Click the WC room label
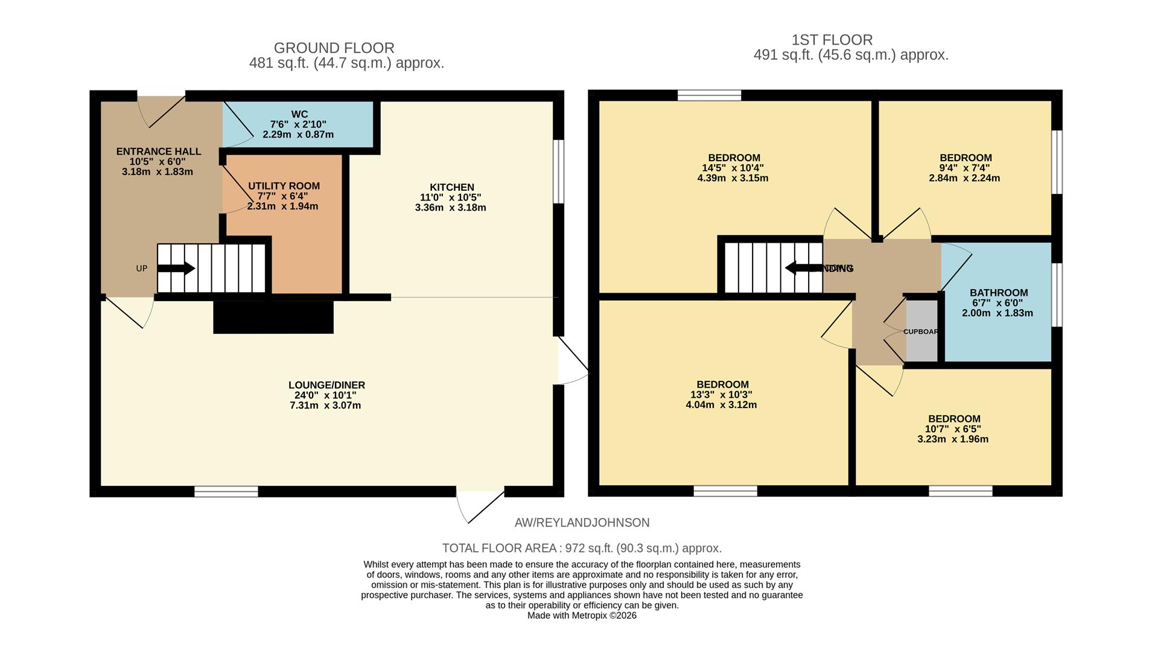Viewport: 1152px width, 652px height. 299,114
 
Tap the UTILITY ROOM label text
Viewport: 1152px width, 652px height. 284,186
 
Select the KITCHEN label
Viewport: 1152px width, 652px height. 451,187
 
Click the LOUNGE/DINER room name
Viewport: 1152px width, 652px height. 326,385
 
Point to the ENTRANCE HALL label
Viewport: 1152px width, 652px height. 159,152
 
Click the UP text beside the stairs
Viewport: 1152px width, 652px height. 142,269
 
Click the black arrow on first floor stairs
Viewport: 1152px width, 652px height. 803,268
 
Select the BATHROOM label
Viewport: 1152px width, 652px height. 998,293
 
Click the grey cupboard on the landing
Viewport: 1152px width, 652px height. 922,331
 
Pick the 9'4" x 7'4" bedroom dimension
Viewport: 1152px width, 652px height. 965,168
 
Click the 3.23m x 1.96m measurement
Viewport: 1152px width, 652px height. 953,439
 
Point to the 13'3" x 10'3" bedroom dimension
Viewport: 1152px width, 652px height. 722,395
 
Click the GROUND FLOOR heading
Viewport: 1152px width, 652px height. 334,48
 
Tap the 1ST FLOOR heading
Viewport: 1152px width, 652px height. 832,40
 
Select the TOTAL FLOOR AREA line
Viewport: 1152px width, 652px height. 582,548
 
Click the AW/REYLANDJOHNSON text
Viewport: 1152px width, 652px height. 582,523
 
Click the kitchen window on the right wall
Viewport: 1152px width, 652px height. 559,171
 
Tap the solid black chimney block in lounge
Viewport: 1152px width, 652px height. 273,316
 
